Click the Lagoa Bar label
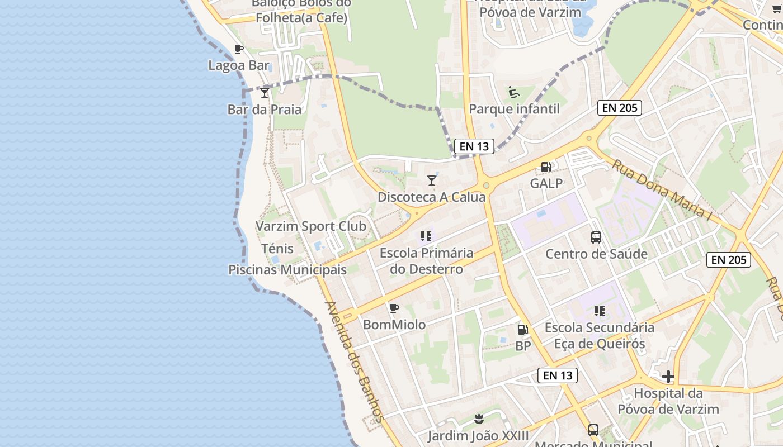(x=239, y=65)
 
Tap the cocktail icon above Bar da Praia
(x=265, y=93)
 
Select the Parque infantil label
(x=514, y=108)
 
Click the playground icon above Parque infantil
(x=514, y=92)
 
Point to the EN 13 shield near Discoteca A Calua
(x=474, y=146)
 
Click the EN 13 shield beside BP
(x=558, y=375)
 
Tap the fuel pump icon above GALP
(x=546, y=167)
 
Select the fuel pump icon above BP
(x=522, y=330)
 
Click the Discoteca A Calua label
(x=432, y=197)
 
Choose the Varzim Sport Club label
(x=311, y=226)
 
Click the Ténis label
(x=277, y=248)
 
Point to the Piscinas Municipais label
(x=287, y=270)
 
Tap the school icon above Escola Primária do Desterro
(x=426, y=236)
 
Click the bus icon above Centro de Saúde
(x=596, y=237)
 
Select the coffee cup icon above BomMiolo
(x=394, y=308)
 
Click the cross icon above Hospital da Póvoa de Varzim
(x=668, y=377)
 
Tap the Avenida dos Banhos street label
(x=355, y=362)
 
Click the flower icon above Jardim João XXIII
(x=479, y=419)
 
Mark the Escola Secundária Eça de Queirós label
(x=600, y=335)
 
